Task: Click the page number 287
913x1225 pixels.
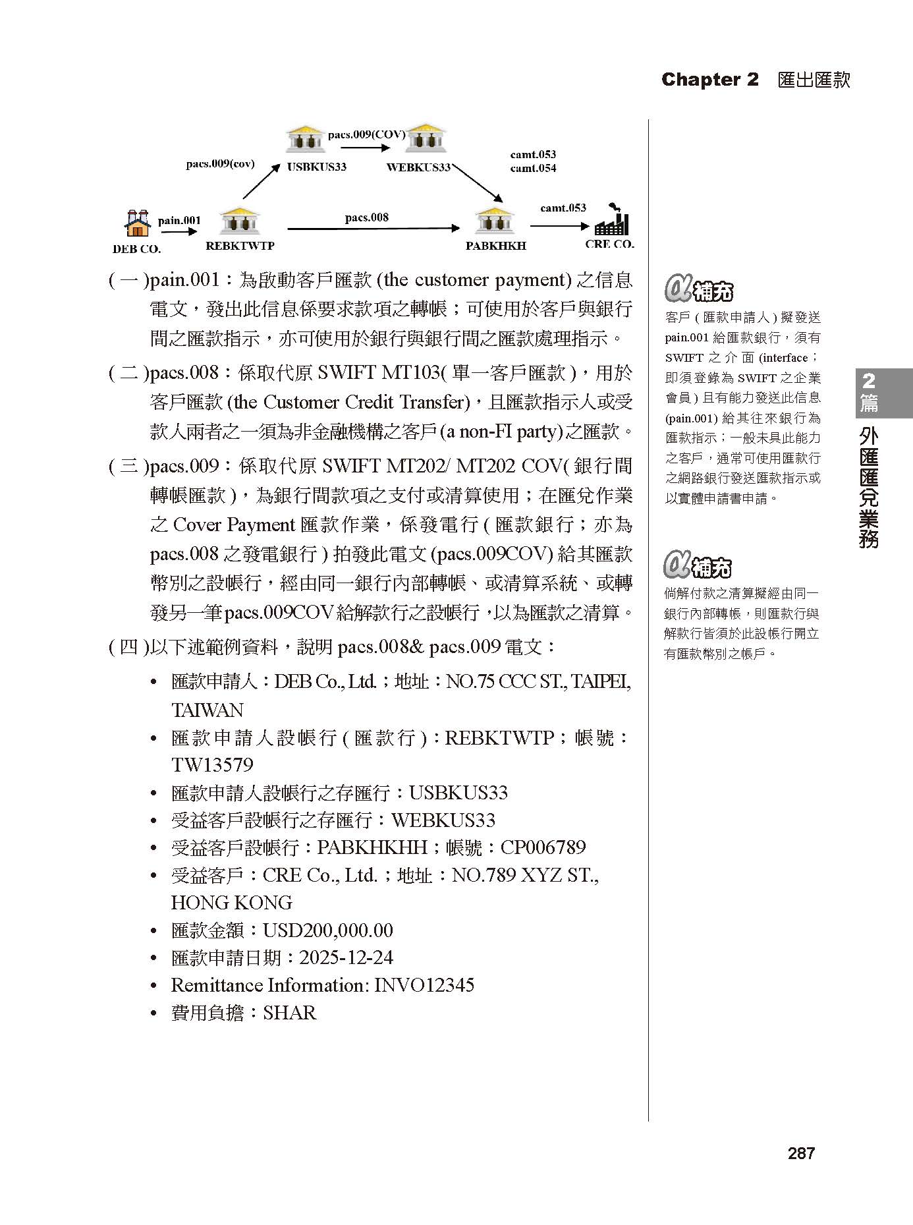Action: [801, 1153]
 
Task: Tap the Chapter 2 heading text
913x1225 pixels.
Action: [709, 80]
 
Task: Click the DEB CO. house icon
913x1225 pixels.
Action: [137, 223]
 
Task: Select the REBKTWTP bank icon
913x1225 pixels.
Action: [240, 221]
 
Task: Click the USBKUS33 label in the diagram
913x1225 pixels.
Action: [316, 167]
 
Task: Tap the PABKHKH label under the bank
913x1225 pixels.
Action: [495, 246]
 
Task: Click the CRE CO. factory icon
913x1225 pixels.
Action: [613, 221]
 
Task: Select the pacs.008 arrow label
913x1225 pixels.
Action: [367, 217]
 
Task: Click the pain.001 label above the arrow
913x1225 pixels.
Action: [179, 220]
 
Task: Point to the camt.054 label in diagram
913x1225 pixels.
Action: [533, 168]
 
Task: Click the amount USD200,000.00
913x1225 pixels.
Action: [327, 930]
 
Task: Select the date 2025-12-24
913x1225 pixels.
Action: [346, 957]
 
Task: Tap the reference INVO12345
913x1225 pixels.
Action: [424, 985]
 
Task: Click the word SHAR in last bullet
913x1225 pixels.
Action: [289, 1013]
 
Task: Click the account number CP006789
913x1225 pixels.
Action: [543, 847]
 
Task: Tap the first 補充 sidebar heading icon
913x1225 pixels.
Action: [698, 289]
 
